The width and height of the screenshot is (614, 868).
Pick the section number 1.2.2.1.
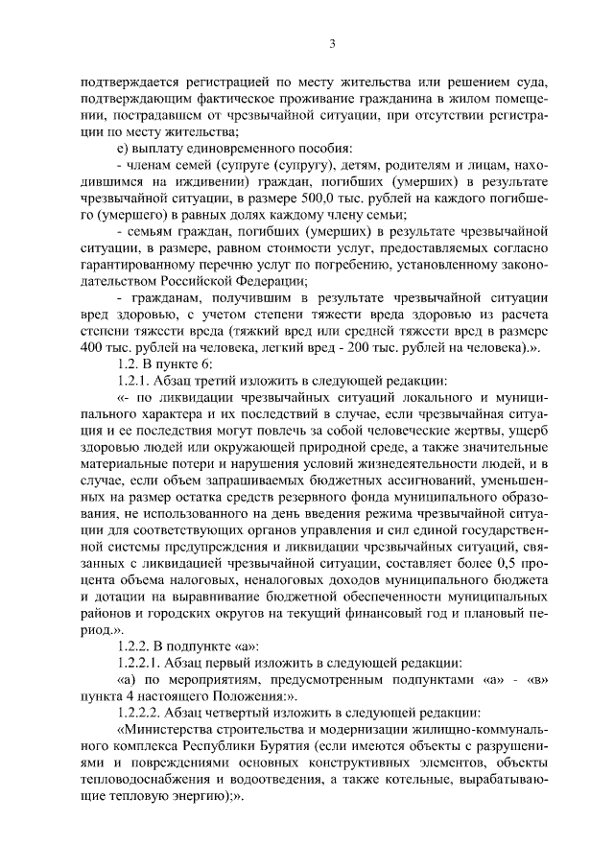[142, 662]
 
